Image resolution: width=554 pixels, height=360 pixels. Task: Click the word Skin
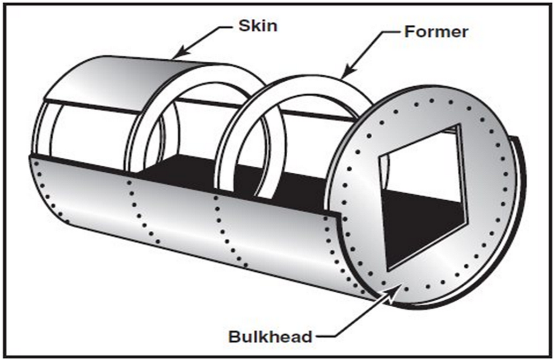pyautogui.click(x=258, y=26)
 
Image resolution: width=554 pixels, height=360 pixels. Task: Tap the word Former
pyautogui.click(x=436, y=31)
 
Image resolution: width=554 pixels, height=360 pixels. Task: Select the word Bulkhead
pyautogui.click(x=270, y=337)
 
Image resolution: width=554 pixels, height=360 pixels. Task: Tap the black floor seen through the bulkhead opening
pyautogui.click(x=422, y=226)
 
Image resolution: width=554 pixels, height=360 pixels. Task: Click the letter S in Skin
pyautogui.click(x=244, y=26)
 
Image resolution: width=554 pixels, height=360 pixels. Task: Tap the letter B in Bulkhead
pyautogui.click(x=235, y=337)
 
